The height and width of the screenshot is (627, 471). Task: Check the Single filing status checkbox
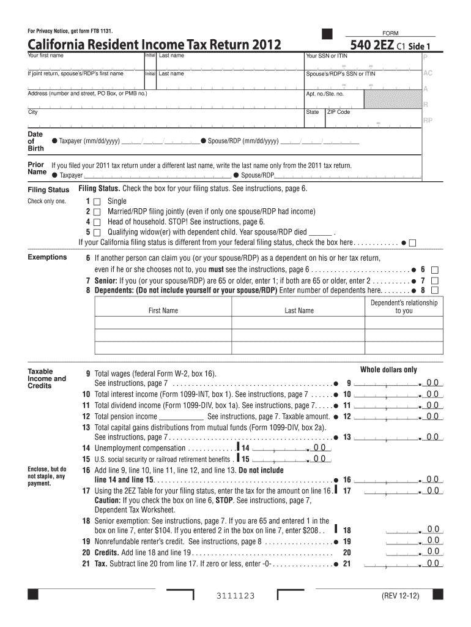point(97,201)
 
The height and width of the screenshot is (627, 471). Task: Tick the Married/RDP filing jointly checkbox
point(97,212)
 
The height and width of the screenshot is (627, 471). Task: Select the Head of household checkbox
point(97,222)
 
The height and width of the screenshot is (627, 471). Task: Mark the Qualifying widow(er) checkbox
point(97,233)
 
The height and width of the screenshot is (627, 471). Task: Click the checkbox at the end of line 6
point(436,269)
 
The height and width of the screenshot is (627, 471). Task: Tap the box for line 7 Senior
point(436,280)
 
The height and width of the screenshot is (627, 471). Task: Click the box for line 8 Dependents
point(436,290)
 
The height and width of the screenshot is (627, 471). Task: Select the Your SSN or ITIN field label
point(327,56)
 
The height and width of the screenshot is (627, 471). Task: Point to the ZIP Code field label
point(339,112)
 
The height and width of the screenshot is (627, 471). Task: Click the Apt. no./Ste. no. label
point(325,94)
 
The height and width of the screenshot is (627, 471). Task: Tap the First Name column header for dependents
point(163,310)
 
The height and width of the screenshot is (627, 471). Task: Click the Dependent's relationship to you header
point(404,307)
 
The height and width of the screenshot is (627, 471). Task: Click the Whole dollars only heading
point(388,370)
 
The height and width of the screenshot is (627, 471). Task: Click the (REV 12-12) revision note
point(401,596)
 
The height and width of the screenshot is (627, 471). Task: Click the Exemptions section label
point(47,257)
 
